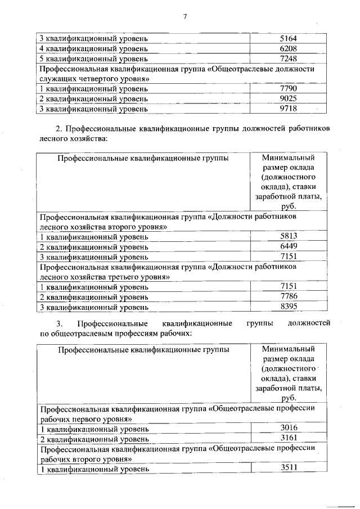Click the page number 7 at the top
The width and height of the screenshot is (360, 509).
183,17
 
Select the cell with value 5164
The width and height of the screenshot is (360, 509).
288,39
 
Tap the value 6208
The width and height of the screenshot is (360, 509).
288,49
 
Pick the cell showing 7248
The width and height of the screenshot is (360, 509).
288,58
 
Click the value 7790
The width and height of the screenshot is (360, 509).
288,88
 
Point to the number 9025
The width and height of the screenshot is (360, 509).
288,98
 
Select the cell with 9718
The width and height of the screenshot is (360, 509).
288,108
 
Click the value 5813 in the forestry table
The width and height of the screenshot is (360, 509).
288,237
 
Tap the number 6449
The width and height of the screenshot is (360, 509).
288,247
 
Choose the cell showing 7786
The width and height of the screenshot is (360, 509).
288,296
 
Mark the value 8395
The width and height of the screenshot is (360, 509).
288,307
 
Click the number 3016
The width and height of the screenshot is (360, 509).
288,428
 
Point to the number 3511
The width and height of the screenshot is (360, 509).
288,468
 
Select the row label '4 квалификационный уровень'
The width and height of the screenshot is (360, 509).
93,49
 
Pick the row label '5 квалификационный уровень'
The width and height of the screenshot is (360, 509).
93,58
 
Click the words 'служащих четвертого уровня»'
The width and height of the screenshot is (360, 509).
94,79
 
